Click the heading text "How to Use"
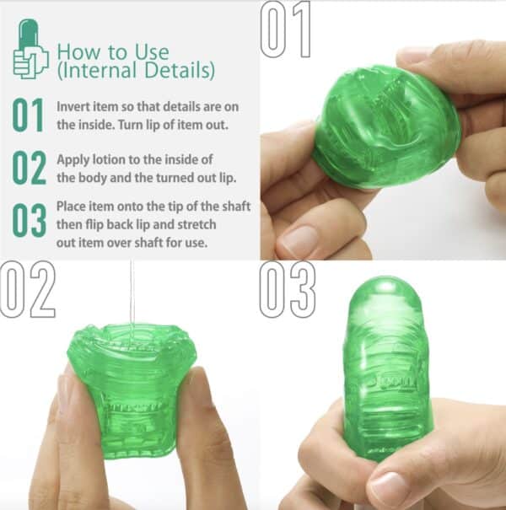(112, 53)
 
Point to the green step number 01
(30, 116)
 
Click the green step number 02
(30, 167)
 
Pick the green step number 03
(30, 221)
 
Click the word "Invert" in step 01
(73, 108)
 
